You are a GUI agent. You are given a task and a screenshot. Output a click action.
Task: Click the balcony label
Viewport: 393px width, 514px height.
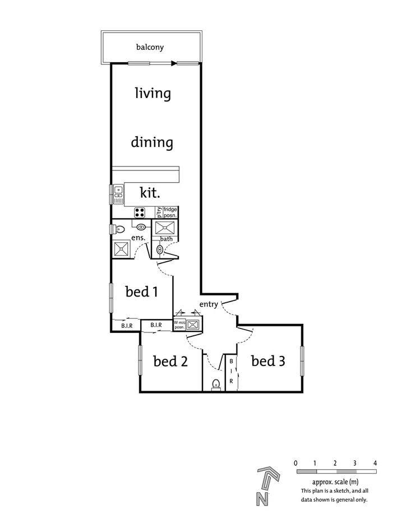click(x=150, y=47)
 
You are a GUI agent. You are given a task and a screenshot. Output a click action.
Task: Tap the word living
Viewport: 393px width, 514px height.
click(x=152, y=92)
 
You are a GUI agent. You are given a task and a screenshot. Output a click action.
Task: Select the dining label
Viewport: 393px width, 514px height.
click(x=152, y=142)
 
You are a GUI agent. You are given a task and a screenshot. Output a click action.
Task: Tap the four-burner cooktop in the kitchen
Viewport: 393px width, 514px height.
click(x=140, y=212)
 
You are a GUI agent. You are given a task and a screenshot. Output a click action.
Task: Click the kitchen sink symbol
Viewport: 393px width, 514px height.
click(x=118, y=195)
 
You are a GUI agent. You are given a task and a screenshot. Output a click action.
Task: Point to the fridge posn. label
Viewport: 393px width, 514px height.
click(x=170, y=212)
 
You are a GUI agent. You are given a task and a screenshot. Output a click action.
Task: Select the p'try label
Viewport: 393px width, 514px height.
click(x=159, y=212)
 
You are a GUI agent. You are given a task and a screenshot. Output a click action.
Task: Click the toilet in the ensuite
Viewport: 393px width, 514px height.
click(x=118, y=229)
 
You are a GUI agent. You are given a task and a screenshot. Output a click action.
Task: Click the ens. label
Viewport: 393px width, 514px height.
click(x=138, y=238)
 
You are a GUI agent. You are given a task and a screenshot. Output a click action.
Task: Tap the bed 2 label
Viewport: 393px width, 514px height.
click(x=170, y=361)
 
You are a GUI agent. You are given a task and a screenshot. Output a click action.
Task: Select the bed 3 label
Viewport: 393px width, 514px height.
click(x=268, y=361)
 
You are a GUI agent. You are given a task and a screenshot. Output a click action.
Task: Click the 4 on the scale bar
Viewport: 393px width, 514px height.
click(x=374, y=463)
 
